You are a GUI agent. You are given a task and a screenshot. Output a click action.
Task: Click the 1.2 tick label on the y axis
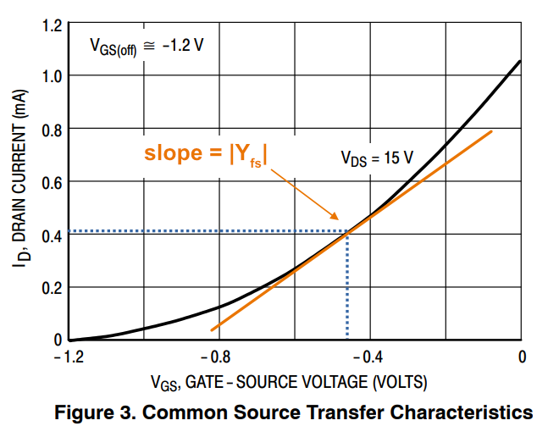pyautogui.click(x=51, y=24)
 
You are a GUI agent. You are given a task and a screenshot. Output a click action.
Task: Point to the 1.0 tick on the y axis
pyautogui.click(x=51, y=76)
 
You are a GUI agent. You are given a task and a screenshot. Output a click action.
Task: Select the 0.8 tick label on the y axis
pyautogui.click(x=51, y=129)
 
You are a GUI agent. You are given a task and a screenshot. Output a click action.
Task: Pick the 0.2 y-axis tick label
pyautogui.click(x=51, y=287)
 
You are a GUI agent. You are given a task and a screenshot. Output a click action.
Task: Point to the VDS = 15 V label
pyautogui.click(x=377, y=158)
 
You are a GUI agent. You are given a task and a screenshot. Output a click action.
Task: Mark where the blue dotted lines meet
pyautogui.click(x=347, y=231)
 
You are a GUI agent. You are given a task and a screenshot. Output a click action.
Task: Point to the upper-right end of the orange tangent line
pyautogui.click(x=491, y=131)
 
